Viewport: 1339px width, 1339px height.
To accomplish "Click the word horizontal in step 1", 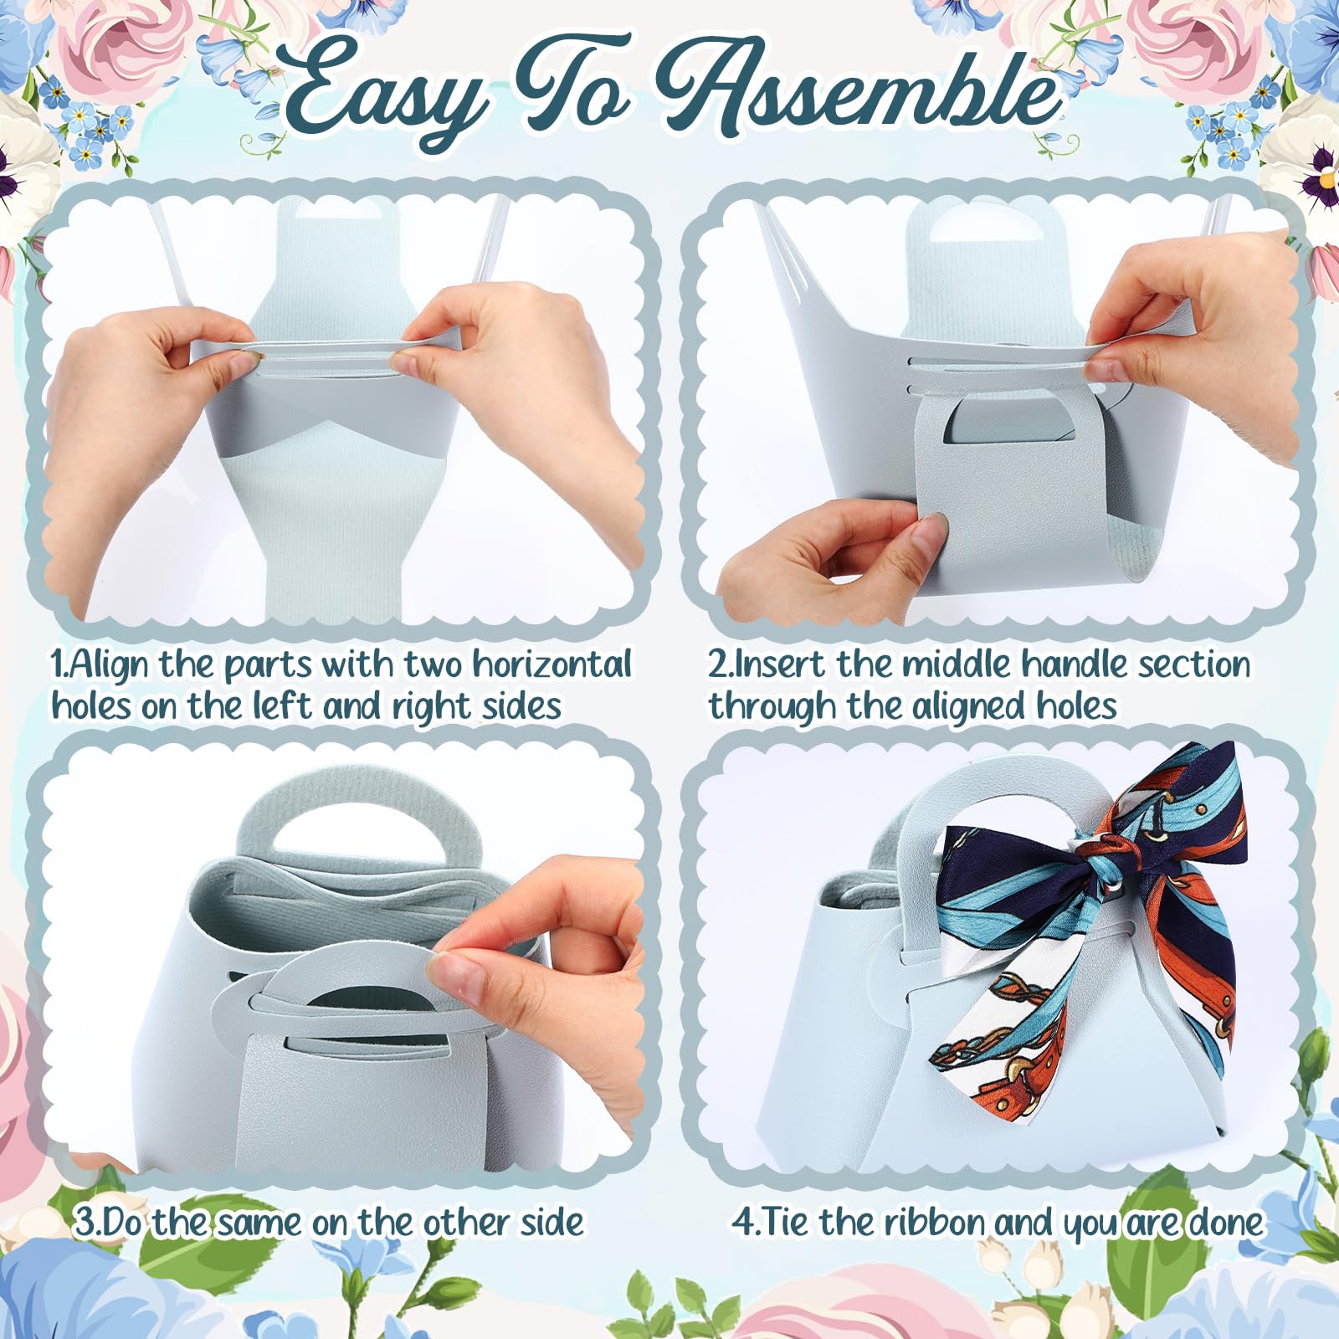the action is pyautogui.click(x=552, y=664).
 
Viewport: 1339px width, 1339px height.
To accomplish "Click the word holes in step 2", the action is pyautogui.click(x=1075, y=706).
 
